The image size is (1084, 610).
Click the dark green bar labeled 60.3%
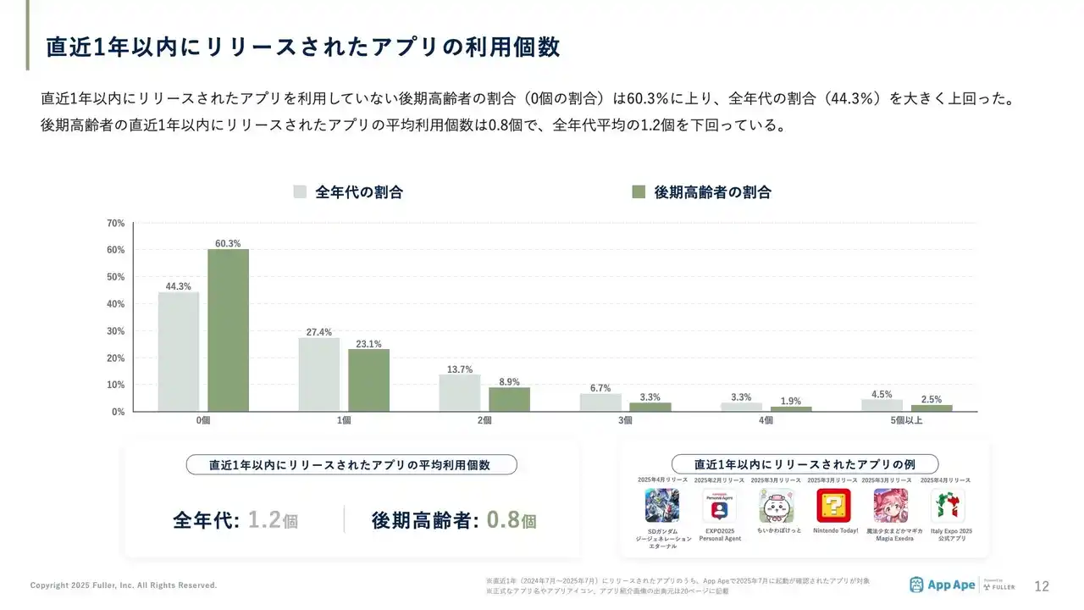[x=229, y=330]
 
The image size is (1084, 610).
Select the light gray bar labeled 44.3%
[x=179, y=352]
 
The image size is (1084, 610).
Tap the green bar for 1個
[x=369, y=380]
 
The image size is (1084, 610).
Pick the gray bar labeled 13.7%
[x=460, y=393]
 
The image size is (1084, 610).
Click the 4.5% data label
[x=882, y=394]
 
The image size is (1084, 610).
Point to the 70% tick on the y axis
[x=116, y=223]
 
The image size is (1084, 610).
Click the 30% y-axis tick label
[x=116, y=330]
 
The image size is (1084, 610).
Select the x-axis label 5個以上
[x=907, y=420]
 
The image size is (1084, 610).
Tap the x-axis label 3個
[x=625, y=420]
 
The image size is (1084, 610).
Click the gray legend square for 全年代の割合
[x=300, y=191]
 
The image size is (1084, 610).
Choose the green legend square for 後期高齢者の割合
[x=639, y=191]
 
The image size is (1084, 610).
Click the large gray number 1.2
[x=264, y=519]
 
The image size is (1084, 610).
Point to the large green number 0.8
[x=503, y=519]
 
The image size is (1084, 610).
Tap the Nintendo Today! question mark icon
[x=834, y=506]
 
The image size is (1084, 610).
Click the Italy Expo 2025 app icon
[x=948, y=506]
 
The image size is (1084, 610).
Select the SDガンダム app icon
[x=661, y=506]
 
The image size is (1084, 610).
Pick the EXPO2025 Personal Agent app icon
[x=719, y=506]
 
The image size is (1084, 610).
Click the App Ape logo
[x=941, y=585]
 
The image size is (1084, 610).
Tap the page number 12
[x=1042, y=586]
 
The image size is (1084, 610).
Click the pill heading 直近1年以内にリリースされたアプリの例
[x=805, y=464]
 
